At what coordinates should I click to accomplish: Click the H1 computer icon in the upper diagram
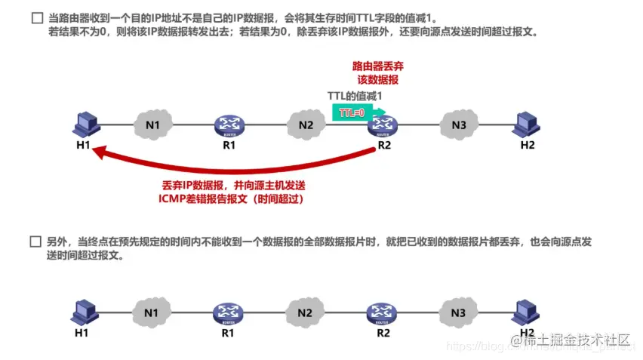click(85, 124)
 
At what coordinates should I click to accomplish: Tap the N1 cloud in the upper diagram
click(153, 124)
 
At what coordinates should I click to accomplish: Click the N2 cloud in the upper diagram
click(305, 125)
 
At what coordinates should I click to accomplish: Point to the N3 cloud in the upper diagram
click(458, 125)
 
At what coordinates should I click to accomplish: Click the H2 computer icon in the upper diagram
click(526, 124)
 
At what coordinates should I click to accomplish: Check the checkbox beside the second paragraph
click(35, 243)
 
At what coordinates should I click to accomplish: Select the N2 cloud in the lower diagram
click(305, 312)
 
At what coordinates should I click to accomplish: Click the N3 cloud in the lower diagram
click(458, 312)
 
